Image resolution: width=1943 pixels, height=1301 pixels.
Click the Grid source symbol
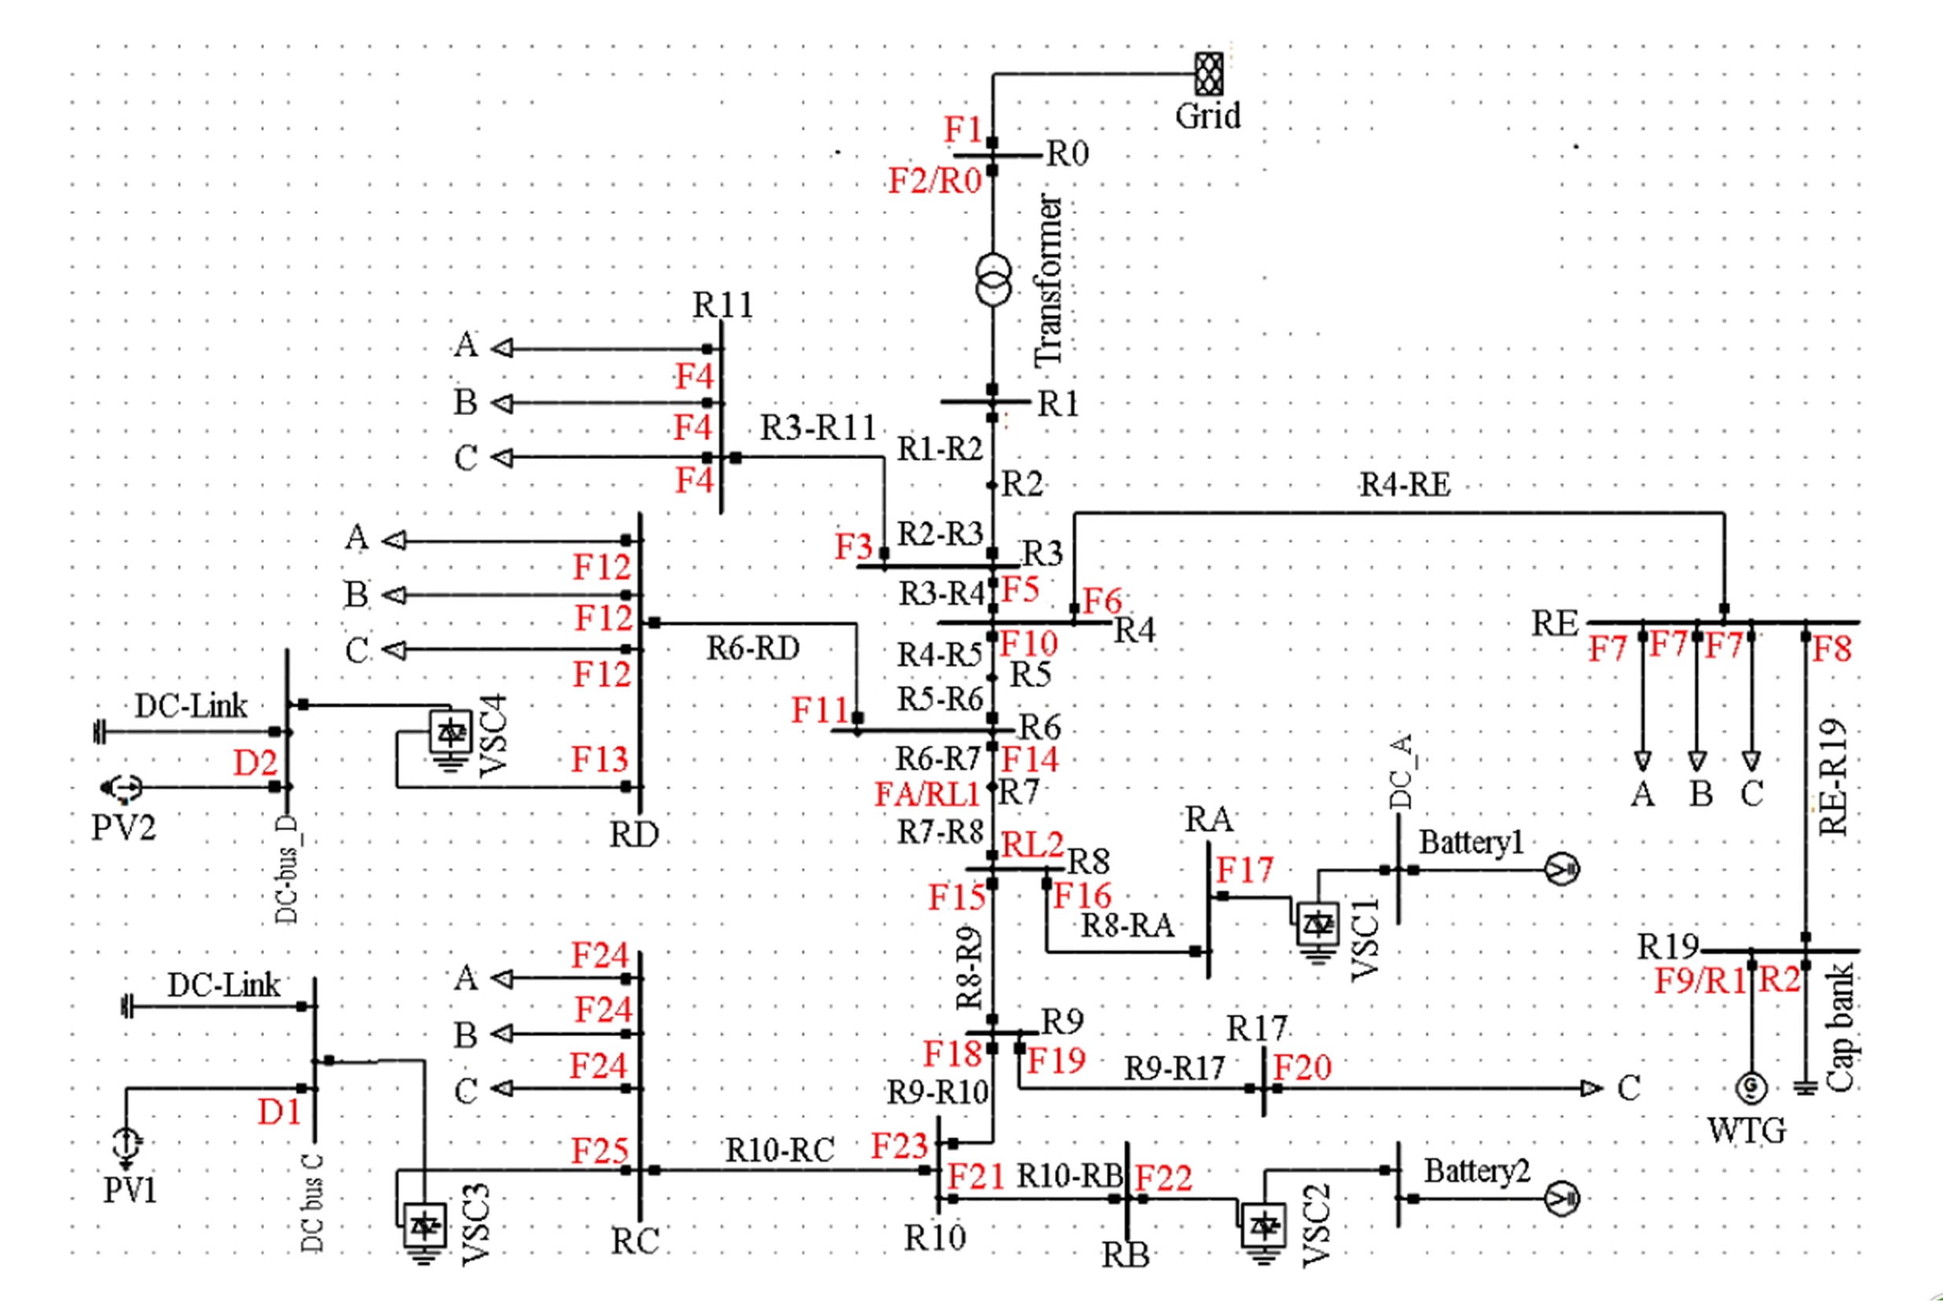[1208, 74]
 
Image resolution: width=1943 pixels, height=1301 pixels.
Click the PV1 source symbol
[126, 1145]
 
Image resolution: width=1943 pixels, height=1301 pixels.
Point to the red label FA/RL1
[927, 794]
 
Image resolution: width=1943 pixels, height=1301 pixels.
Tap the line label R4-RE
[1405, 485]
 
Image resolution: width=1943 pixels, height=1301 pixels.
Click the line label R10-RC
[780, 1150]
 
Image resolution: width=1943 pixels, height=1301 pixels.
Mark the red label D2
[255, 763]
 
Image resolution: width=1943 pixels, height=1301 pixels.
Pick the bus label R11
[723, 305]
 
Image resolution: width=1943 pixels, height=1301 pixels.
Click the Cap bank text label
[1840, 1027]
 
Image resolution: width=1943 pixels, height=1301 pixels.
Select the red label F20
[1302, 1068]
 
